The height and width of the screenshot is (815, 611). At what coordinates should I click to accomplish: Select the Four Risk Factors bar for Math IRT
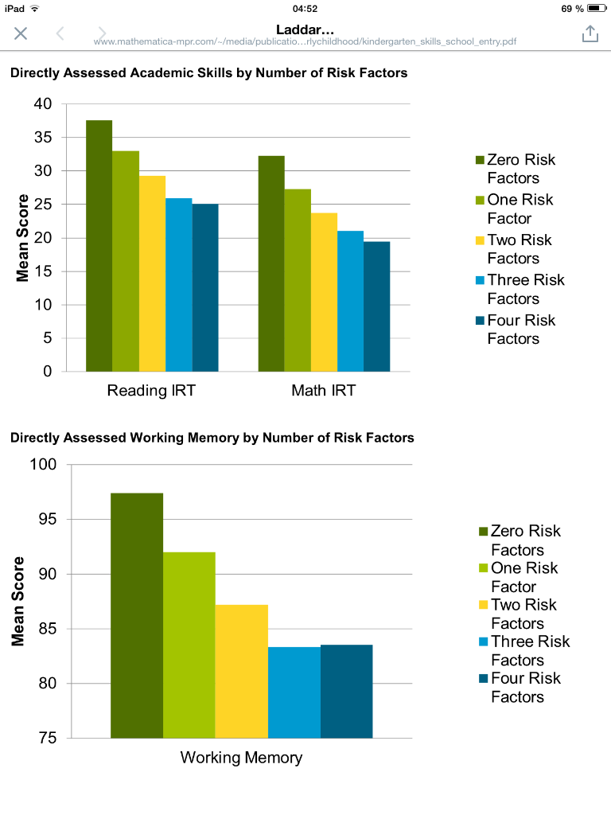pyautogui.click(x=377, y=306)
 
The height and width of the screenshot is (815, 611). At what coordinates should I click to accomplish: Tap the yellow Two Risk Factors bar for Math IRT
pyautogui.click(x=324, y=292)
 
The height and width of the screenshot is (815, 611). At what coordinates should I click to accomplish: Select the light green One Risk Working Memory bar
pyautogui.click(x=189, y=645)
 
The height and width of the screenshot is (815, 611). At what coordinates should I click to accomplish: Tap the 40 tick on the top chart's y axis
pyautogui.click(x=43, y=104)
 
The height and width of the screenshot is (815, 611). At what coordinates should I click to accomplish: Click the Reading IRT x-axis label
pyautogui.click(x=151, y=391)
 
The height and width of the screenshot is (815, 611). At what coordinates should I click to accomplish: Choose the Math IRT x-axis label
pyautogui.click(x=323, y=391)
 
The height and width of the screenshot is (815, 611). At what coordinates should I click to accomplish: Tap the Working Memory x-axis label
pyautogui.click(x=241, y=758)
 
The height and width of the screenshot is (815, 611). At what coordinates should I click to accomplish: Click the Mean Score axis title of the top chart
pyautogui.click(x=23, y=238)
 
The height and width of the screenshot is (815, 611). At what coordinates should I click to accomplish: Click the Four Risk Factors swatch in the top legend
pyautogui.click(x=480, y=321)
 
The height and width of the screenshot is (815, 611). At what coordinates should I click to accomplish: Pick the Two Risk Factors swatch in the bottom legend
pyautogui.click(x=483, y=605)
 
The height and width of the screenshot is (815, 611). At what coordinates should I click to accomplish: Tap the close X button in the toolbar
pyautogui.click(x=21, y=33)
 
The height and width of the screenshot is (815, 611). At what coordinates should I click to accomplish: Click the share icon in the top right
pyautogui.click(x=590, y=33)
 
